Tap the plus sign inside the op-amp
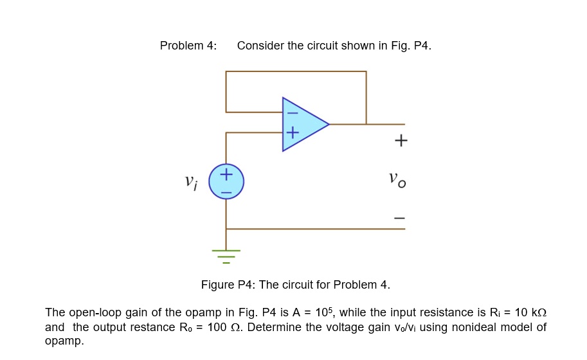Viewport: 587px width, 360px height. tap(293, 133)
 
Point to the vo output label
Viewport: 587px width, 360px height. tap(397, 179)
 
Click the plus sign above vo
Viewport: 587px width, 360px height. tap(401, 140)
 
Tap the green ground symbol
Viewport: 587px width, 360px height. tap(226, 255)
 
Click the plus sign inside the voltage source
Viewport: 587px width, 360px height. tap(226, 174)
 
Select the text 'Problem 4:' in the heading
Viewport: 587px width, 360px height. tap(188, 46)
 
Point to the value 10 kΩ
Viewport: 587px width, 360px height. tap(530, 312)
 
